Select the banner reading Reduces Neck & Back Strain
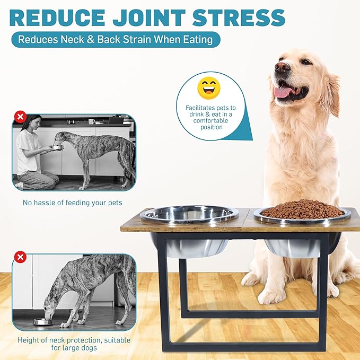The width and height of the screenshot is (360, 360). coord(115,39)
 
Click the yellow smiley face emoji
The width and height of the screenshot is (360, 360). coord(208,88)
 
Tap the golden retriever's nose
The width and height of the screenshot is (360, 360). coord(282,67)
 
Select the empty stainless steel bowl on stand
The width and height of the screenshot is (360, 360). coord(189,214)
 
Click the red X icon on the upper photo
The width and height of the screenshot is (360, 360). coord(20,117)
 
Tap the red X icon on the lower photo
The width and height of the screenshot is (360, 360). coord(20,258)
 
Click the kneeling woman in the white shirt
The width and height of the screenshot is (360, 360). coord(32,154)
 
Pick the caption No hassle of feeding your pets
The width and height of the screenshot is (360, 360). coord(72,203)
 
